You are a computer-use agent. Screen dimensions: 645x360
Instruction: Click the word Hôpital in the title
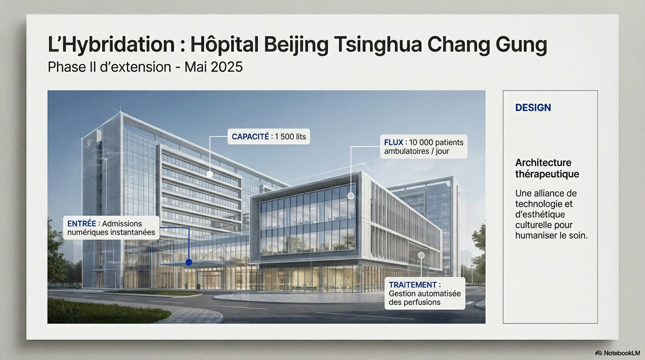click(224, 44)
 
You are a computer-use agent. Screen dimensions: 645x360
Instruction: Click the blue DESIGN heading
click(533, 107)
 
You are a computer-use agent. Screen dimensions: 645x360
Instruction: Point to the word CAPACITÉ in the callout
click(250, 136)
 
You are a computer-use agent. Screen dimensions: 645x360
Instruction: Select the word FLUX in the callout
click(394, 142)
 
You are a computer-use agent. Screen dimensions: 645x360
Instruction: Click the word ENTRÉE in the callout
click(82, 224)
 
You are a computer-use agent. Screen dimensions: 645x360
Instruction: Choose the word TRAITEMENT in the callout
click(412, 285)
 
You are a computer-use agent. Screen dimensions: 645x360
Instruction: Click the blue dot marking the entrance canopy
click(189, 262)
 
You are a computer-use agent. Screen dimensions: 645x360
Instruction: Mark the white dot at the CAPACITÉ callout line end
click(210, 174)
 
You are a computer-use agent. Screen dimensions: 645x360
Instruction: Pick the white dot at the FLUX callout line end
click(351, 196)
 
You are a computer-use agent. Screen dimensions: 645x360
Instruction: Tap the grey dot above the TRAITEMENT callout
click(421, 255)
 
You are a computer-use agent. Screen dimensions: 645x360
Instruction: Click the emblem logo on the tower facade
click(89, 143)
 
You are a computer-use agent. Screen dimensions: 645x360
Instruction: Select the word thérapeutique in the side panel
click(547, 174)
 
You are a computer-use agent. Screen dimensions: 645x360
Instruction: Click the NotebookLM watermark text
click(622, 353)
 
